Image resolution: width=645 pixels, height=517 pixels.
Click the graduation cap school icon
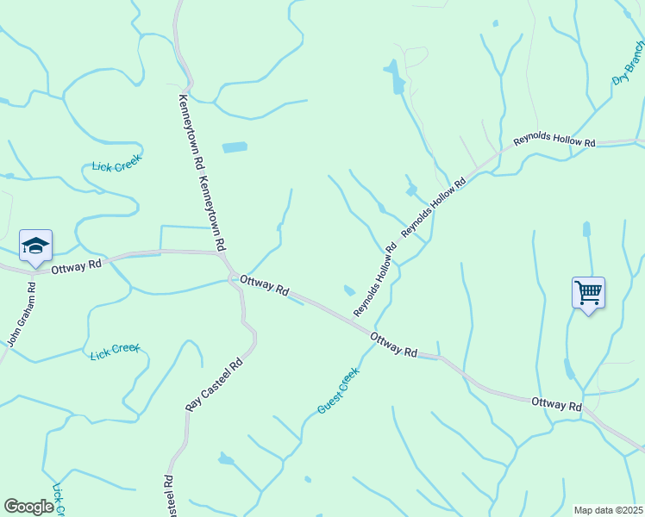pos(35,246)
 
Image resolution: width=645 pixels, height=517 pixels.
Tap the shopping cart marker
pos(588,293)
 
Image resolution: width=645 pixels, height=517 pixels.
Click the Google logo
pos(28,507)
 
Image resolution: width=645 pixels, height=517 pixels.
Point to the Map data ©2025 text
pos(608,510)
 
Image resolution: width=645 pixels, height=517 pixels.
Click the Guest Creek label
pos(337,390)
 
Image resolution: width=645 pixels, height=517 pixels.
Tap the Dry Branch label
pos(629,67)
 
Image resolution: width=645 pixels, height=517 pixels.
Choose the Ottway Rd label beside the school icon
pos(76,266)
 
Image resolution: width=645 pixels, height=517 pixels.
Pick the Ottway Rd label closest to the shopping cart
pos(556,403)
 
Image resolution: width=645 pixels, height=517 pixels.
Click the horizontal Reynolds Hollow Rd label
pos(554,140)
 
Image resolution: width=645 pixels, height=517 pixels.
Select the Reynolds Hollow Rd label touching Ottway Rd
pos(374,279)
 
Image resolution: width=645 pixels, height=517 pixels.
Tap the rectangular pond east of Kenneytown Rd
pos(235,147)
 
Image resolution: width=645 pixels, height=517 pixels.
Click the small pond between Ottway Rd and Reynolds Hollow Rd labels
pos(349,290)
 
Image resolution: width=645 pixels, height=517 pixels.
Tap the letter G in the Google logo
pos(12,507)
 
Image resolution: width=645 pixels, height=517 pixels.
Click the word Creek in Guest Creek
pos(347,380)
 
